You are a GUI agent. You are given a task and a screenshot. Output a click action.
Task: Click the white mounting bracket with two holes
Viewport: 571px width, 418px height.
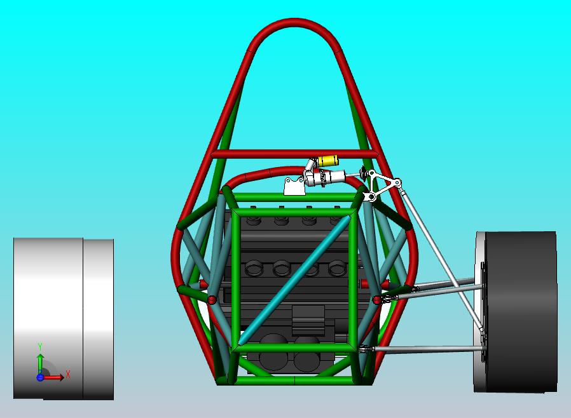[x=294, y=187]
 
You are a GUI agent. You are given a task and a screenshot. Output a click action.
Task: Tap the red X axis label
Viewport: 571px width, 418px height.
[x=68, y=374]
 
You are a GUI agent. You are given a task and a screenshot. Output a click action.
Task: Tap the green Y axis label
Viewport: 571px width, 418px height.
[x=40, y=346]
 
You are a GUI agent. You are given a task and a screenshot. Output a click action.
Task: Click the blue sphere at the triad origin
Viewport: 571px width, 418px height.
[x=40, y=377]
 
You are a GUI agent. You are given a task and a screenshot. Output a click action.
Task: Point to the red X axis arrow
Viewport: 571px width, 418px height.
[x=54, y=377]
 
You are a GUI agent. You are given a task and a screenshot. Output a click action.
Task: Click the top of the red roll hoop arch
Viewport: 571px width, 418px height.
[x=292, y=24]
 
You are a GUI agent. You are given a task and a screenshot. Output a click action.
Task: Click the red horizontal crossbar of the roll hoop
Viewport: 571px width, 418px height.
[x=292, y=154]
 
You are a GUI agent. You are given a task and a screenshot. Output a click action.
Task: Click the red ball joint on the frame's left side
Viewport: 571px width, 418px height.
[x=212, y=299]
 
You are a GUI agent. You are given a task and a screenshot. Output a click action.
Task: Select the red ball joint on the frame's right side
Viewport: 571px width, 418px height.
[x=377, y=299]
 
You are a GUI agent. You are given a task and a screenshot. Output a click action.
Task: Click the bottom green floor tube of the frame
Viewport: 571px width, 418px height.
[x=292, y=381]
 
